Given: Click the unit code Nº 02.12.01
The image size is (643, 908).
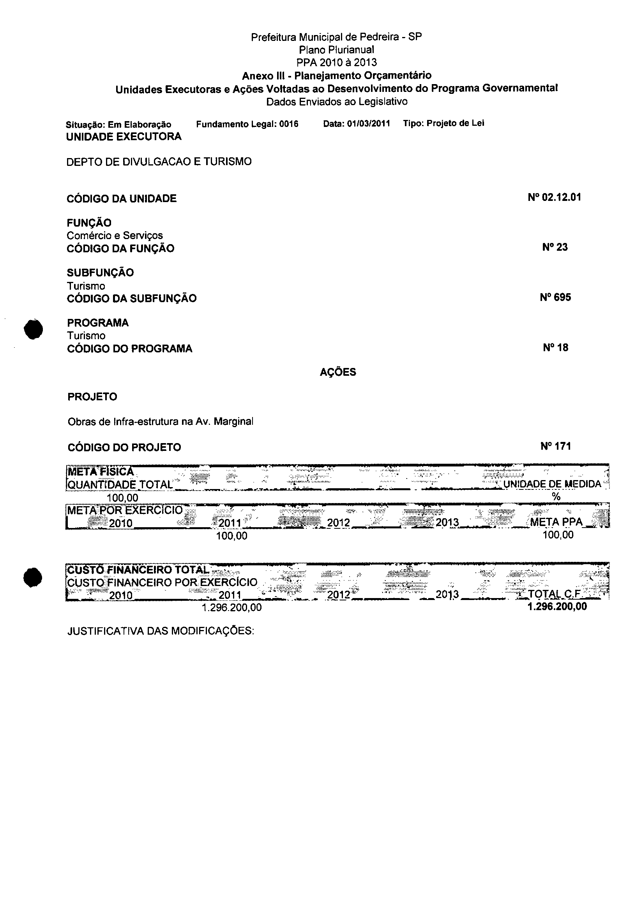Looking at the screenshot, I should tap(554, 197).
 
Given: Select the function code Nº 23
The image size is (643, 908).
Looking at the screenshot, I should tap(555, 247).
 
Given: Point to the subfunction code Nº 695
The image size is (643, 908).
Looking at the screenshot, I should tap(555, 297).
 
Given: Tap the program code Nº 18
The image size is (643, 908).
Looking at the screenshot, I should tap(555, 348).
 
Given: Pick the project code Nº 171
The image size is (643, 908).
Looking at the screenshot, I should tap(555, 447).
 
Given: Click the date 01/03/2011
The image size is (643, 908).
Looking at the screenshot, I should tap(368, 123).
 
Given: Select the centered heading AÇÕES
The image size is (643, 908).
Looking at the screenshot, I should tap(338, 372).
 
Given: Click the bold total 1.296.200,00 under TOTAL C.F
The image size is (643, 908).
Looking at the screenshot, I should tap(557, 607).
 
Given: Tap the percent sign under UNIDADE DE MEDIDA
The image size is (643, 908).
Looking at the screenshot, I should tap(556, 497).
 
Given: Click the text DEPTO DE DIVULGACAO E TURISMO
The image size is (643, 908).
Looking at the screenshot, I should tap(159, 162).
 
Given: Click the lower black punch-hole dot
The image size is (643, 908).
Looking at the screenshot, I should tap(32, 578).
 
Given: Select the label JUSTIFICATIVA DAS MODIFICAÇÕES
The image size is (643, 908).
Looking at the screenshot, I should tap(160, 631).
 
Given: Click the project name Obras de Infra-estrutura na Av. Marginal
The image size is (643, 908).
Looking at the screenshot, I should tap(160, 422).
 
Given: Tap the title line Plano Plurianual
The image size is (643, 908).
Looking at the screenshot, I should tap(337, 50).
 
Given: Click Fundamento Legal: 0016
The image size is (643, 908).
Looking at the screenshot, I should tap(247, 124).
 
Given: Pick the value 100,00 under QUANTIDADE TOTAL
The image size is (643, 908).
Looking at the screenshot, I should tap(122, 497).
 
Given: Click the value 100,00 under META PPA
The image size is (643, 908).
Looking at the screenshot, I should tap(558, 535).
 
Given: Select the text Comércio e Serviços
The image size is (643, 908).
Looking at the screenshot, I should tap(115, 236).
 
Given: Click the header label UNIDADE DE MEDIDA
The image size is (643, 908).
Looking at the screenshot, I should tap(552, 484).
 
